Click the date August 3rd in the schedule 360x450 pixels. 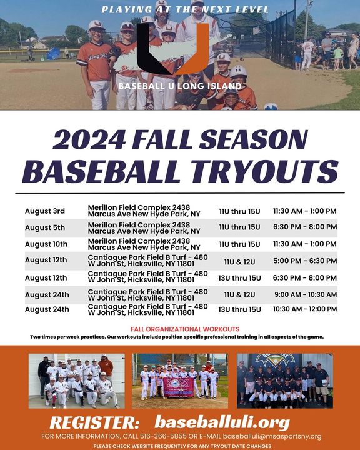point(45,211)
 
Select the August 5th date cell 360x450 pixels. point(45,227)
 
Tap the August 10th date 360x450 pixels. point(46,244)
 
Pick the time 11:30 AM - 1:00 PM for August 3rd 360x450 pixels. point(304,211)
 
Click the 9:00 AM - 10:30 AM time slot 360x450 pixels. point(306,294)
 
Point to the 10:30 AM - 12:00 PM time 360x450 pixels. point(305,309)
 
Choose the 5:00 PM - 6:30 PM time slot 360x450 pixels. point(305,261)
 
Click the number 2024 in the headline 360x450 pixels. point(89,139)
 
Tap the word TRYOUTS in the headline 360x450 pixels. point(265,171)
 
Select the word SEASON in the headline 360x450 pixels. point(254,139)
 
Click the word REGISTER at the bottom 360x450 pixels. point(94,422)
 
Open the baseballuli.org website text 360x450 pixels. point(222,422)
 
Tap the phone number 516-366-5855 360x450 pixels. point(163,436)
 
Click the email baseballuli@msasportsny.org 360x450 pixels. point(272,436)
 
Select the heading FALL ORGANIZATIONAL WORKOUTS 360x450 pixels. point(185,329)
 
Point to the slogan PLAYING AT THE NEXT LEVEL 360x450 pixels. point(185,9)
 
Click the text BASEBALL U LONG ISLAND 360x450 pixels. point(180,86)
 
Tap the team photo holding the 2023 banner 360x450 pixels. point(180,381)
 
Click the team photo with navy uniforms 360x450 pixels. point(285,381)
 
